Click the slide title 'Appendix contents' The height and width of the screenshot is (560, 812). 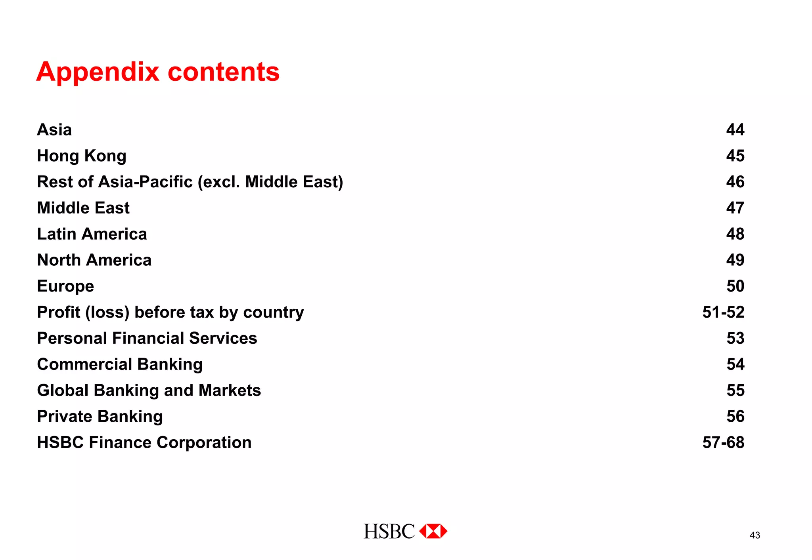tap(158, 72)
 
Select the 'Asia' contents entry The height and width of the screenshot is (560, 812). tap(54, 130)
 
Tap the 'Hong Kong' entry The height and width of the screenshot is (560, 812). tap(82, 156)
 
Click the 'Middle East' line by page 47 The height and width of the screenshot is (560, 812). tap(83, 208)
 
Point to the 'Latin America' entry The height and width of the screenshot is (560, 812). tap(92, 234)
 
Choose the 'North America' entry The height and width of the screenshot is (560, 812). tap(94, 260)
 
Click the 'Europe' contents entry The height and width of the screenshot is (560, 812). tap(65, 286)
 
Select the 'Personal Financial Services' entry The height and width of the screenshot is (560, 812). tap(147, 338)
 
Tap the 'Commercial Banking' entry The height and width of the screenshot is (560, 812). tap(120, 364)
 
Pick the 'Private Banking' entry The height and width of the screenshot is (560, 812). tap(100, 417)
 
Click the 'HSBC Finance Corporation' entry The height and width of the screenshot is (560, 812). tap(144, 442)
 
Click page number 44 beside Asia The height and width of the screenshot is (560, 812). tap(735, 130)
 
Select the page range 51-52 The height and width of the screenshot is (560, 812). tap(723, 312)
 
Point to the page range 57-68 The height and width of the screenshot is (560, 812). tap(723, 442)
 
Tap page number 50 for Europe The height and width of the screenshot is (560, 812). tap(735, 286)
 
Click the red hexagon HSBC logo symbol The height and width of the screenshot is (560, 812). tap(433, 531)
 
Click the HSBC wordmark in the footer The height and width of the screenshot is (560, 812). tap(389, 531)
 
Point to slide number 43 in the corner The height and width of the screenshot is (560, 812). tap(755, 535)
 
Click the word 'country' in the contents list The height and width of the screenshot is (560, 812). tap(274, 312)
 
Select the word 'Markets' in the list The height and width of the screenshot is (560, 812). tap(230, 390)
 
